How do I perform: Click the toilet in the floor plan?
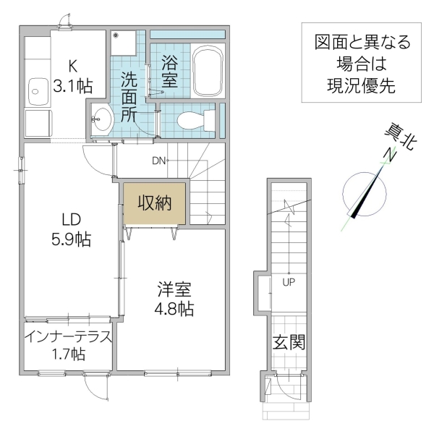[191, 119]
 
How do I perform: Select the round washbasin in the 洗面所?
[101, 118]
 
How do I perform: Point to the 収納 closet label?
[155, 203]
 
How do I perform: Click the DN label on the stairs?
[158, 161]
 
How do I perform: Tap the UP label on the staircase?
[289, 281]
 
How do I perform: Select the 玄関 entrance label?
[288, 341]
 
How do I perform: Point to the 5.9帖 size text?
[70, 240]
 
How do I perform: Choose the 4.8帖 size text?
[174, 309]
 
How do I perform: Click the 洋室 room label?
[174, 289]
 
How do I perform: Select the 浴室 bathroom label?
[170, 70]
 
